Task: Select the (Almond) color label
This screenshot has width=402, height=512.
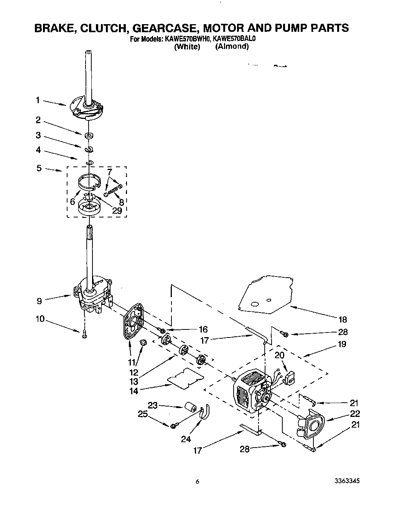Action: [232, 47]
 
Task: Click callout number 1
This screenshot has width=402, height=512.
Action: [38, 100]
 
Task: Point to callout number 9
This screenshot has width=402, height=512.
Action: [40, 301]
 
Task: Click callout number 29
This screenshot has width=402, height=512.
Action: [117, 211]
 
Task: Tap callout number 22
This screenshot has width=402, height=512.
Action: [355, 413]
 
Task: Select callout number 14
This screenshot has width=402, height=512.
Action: [134, 391]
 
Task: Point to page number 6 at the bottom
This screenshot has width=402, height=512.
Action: [197, 482]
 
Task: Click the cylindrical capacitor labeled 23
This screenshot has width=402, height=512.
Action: [190, 407]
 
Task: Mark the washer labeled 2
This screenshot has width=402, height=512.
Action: [89, 135]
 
